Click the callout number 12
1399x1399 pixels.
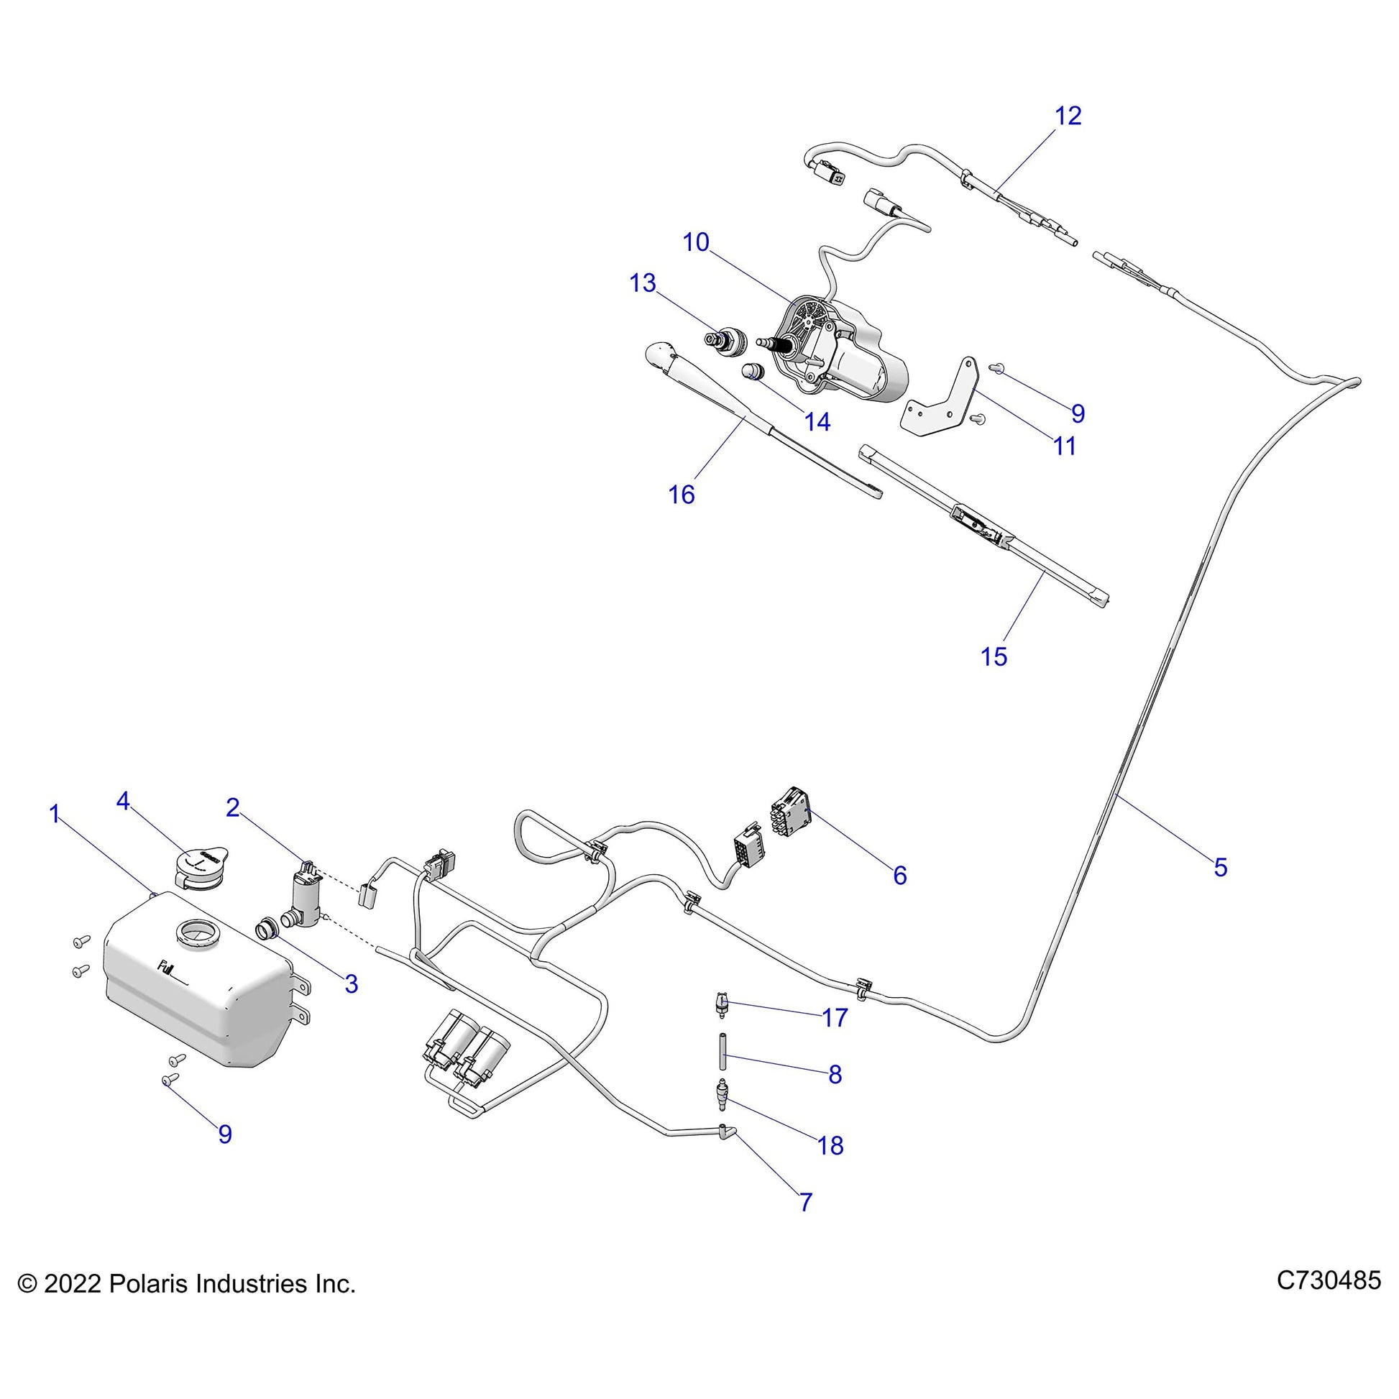pos(1068,116)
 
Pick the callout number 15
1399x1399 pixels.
pos(994,657)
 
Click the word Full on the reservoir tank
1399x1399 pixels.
pos(168,967)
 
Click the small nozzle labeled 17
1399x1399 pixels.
pos(720,1004)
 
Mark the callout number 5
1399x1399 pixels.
pos(1220,867)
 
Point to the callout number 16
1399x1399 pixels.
pos(682,495)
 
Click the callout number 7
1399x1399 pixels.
pos(806,1203)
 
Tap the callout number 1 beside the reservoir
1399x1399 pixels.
pos(55,814)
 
